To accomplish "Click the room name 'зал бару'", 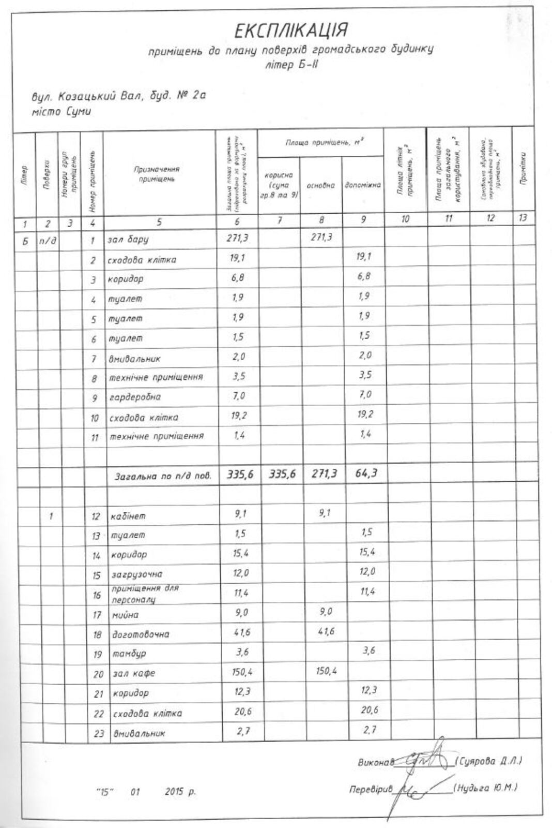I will tap(128, 240).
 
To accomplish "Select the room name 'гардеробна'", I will tap(134, 397).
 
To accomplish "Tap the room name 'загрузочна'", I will tap(136, 574).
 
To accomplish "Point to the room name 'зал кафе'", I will tap(133, 674).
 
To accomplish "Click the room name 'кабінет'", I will tap(128, 516).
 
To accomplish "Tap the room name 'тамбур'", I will tap(127, 654).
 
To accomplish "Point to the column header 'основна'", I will tap(320, 185).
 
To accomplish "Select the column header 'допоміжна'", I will tap(363, 185).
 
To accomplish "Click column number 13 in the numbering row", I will tap(523, 218).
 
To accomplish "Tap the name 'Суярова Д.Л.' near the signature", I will tap(489, 761).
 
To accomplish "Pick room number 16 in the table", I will tap(97, 595).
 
